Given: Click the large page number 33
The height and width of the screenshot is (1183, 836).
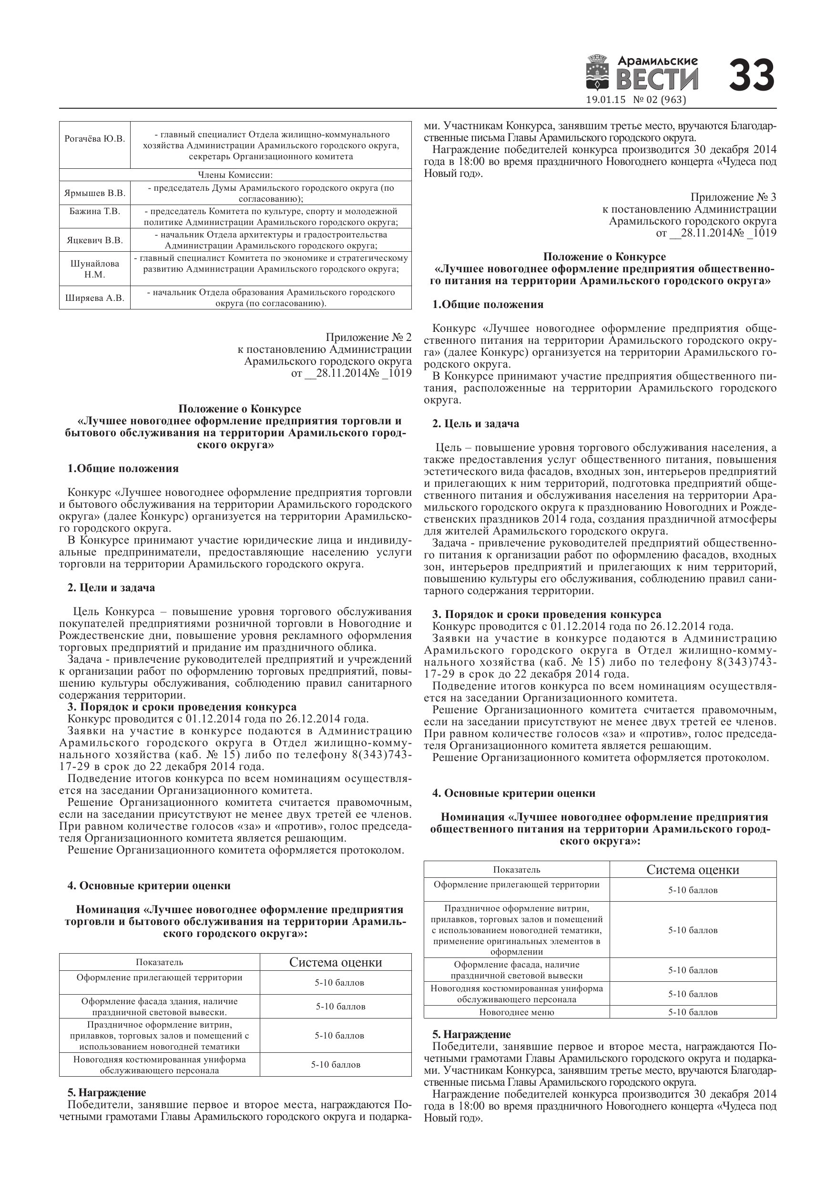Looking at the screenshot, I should [x=752, y=75].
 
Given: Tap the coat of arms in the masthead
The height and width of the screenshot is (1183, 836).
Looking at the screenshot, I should [x=598, y=75].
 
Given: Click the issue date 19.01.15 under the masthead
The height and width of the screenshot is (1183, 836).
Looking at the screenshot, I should [x=606, y=100].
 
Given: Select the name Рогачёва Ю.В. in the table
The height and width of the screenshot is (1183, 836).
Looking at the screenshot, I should [x=95, y=139].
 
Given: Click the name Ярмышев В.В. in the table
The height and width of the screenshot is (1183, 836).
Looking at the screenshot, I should [x=95, y=193].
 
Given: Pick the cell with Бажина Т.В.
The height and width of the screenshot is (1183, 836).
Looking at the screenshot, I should [x=95, y=211].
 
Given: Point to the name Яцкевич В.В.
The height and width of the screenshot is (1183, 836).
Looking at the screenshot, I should [x=95, y=240].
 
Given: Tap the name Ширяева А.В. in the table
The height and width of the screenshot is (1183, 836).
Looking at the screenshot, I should [x=95, y=298].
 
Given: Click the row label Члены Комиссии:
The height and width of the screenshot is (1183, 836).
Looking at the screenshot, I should [x=235, y=175].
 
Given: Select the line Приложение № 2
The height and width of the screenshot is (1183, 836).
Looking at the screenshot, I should [x=369, y=338].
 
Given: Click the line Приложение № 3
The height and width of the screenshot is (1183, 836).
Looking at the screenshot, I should [x=733, y=197].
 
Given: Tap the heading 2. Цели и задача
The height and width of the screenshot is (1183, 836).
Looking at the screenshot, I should [x=111, y=588].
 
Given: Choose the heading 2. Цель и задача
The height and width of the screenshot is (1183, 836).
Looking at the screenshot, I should [x=475, y=424].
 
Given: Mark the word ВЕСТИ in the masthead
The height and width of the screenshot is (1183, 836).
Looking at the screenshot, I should [x=657, y=80].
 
